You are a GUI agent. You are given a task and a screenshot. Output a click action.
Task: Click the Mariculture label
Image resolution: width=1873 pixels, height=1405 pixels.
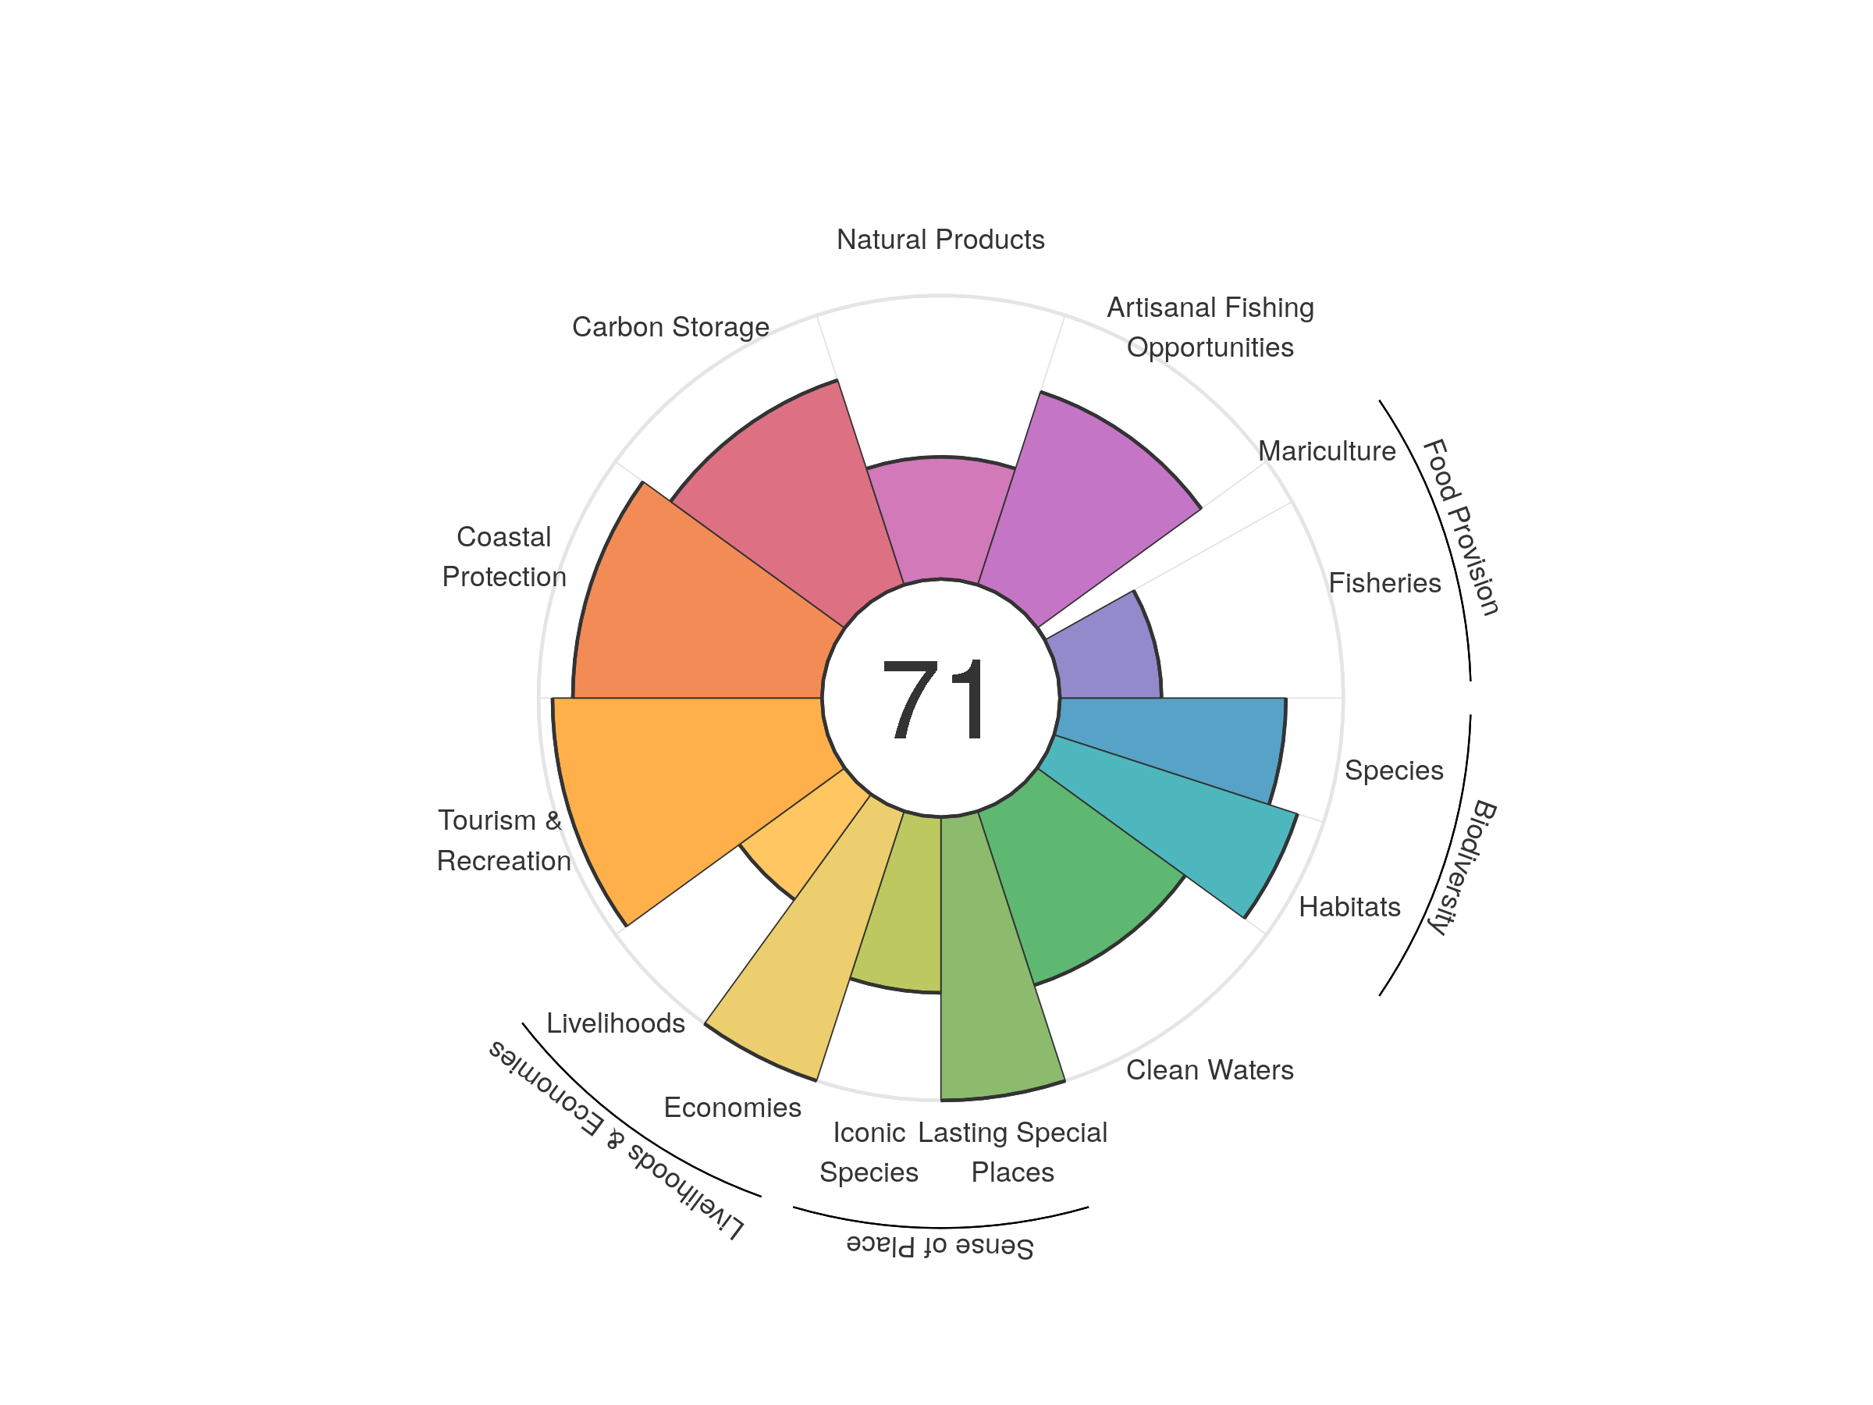(1326, 451)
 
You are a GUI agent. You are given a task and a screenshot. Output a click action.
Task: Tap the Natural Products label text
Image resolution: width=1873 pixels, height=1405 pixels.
(940, 240)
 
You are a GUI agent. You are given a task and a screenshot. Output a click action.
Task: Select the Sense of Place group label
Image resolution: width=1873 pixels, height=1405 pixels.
(940, 1246)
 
